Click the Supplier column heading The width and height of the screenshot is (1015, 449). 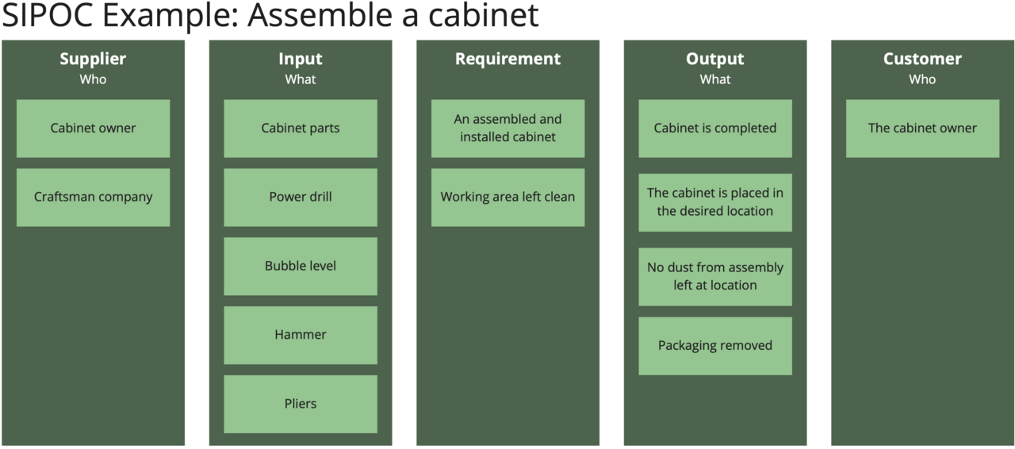click(93, 59)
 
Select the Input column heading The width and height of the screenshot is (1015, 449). click(301, 59)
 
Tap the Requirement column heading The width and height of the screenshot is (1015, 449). click(507, 59)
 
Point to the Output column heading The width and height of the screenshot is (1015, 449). click(715, 59)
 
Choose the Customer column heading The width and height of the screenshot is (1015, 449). click(922, 59)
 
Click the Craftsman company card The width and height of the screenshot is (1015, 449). click(93, 197)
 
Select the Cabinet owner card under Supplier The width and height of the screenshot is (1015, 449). click(93, 128)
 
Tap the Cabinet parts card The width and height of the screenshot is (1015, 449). click(301, 128)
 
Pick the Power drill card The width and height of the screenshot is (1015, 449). click(301, 197)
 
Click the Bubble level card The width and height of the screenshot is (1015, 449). click(301, 266)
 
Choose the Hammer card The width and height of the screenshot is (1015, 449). click(301, 335)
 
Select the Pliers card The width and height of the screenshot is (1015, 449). click(301, 404)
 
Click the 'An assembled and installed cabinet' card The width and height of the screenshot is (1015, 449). click(507, 128)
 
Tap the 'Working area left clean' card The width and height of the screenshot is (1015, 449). click(507, 197)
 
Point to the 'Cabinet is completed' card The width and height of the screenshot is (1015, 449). click(715, 128)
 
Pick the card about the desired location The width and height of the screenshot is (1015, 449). click(715, 202)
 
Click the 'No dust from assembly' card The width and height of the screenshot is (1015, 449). click(715, 276)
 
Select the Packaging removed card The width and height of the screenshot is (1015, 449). click(715, 346)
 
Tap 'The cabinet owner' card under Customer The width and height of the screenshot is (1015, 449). click(922, 128)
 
